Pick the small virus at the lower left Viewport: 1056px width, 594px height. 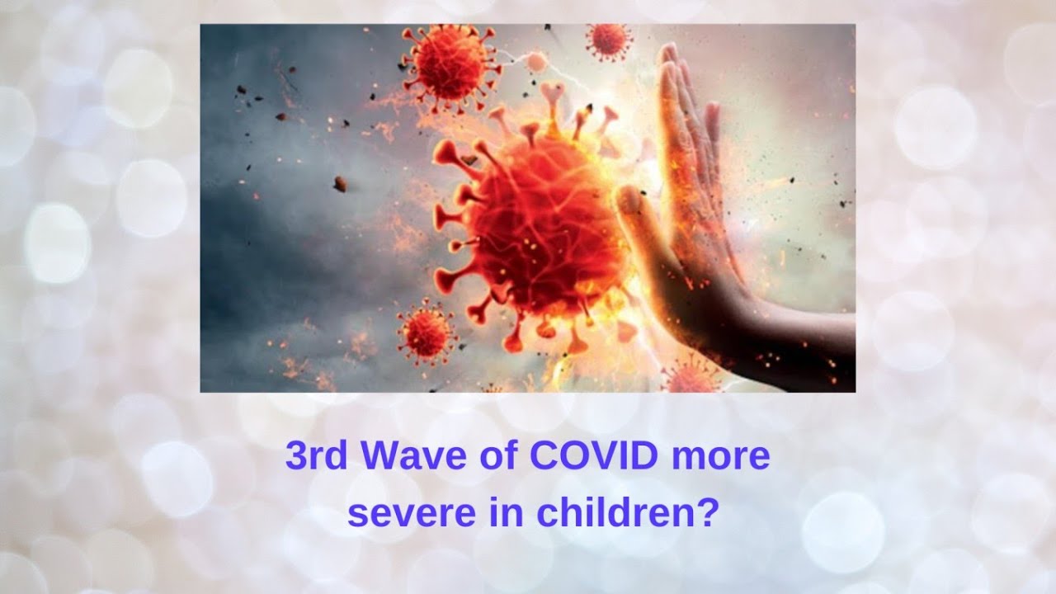coord(427,332)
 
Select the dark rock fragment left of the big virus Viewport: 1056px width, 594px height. coord(340,183)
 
